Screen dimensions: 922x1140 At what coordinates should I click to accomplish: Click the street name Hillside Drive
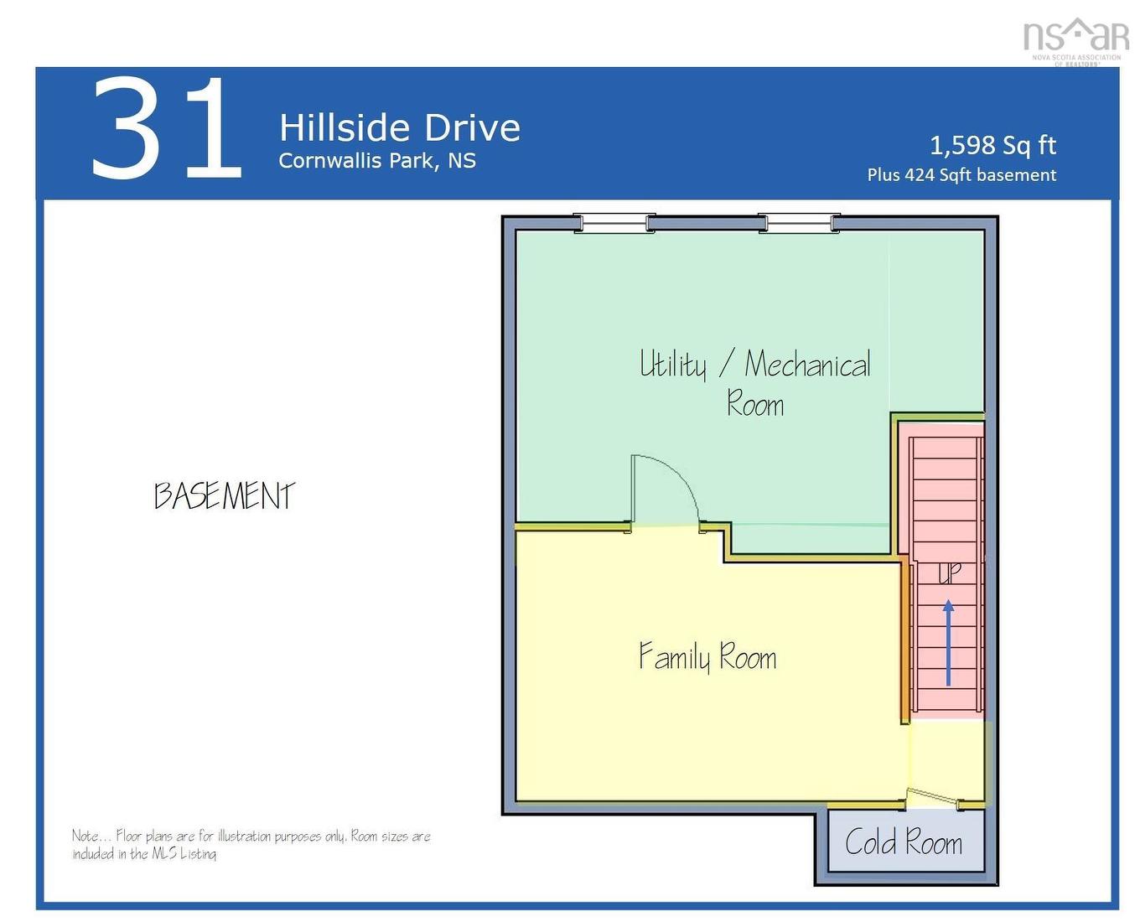click(x=399, y=128)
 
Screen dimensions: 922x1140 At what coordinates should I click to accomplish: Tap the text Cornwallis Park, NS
click(x=376, y=161)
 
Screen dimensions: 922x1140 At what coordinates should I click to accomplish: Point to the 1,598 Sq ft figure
click(x=992, y=145)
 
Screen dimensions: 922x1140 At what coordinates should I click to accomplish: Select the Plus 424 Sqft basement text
click(x=961, y=175)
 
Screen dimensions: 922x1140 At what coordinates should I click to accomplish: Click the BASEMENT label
click(x=225, y=495)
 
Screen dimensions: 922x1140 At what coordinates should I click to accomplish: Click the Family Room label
click(x=707, y=656)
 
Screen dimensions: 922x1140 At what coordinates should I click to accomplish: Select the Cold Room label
click(x=903, y=842)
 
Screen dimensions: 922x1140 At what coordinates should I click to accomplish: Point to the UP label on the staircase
click(x=949, y=573)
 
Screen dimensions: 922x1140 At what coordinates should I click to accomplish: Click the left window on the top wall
click(x=614, y=223)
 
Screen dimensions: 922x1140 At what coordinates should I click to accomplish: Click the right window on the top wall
click(x=798, y=223)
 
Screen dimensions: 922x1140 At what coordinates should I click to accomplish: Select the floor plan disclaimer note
click(x=251, y=844)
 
